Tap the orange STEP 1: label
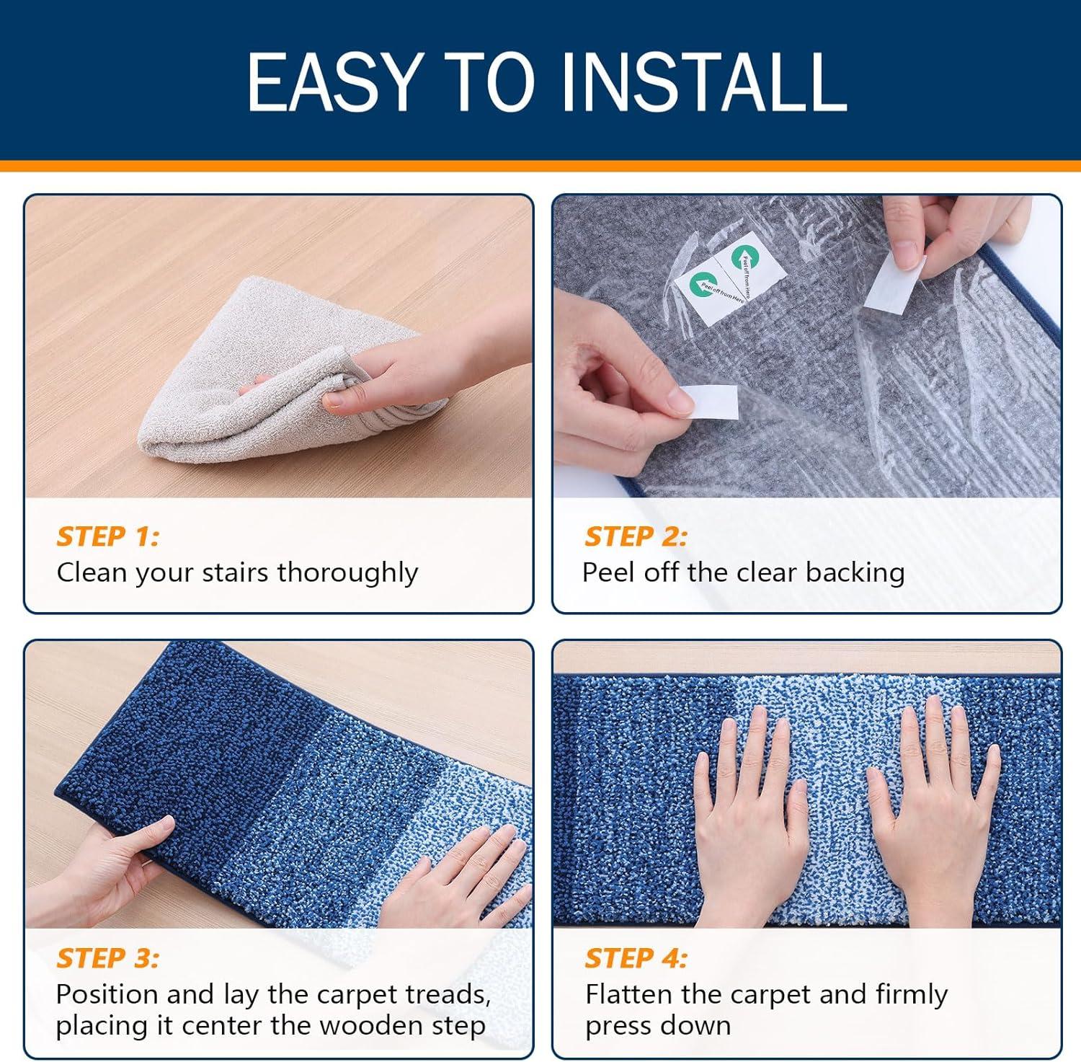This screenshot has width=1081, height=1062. click(107, 536)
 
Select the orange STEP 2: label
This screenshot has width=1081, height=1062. click(636, 536)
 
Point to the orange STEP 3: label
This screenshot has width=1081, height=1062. click(107, 958)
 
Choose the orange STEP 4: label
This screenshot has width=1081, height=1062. click(636, 958)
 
